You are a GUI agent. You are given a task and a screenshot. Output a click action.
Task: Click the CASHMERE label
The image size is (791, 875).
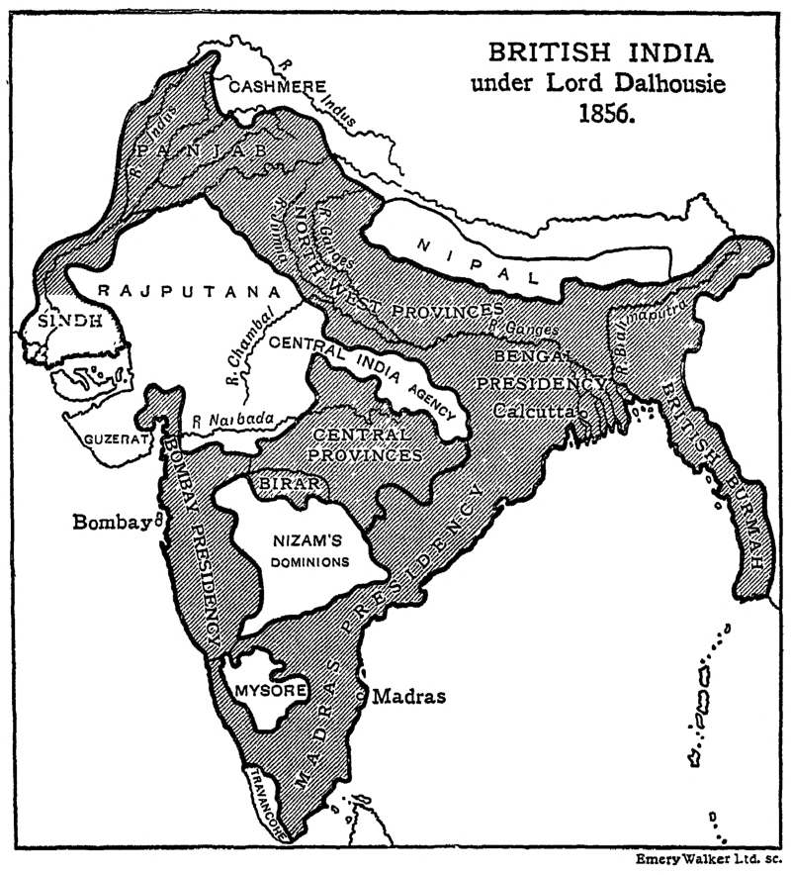[x=278, y=87]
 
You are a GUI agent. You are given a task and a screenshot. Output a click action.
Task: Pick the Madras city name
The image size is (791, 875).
[x=408, y=696]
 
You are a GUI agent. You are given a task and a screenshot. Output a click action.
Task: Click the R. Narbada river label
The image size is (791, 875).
[x=232, y=421]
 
